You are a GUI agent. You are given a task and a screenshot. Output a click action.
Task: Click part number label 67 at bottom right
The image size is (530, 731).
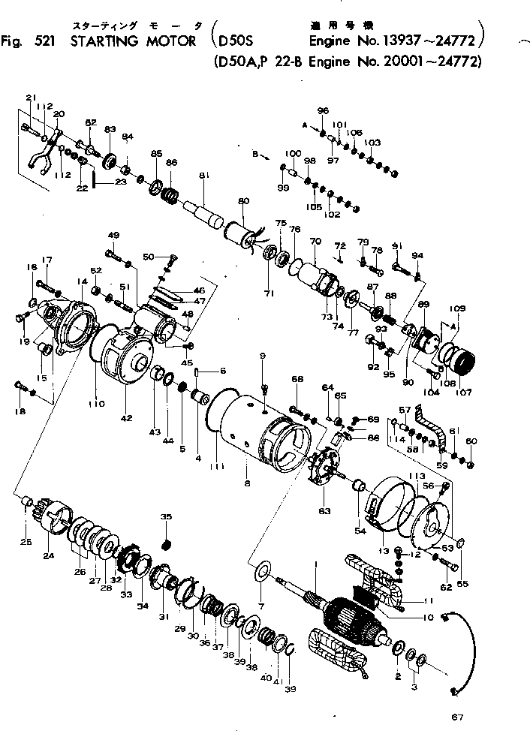click(x=458, y=716)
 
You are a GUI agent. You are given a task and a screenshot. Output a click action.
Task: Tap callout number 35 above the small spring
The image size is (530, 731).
click(x=167, y=517)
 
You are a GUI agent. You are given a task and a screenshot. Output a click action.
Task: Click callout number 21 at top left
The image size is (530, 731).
click(x=31, y=98)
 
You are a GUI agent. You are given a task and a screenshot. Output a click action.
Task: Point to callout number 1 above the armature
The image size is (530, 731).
click(x=318, y=564)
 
